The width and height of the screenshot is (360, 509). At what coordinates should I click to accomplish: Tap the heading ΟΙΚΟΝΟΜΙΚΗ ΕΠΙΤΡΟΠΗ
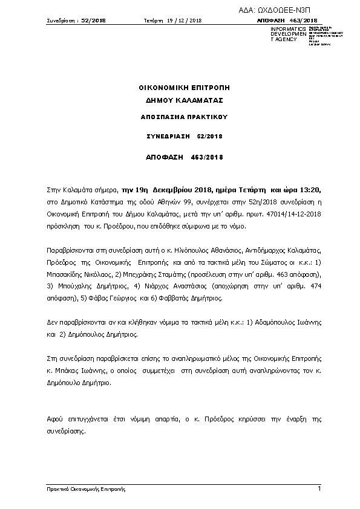[185, 88]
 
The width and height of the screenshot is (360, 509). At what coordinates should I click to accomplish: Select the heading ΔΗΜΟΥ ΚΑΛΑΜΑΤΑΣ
[185, 100]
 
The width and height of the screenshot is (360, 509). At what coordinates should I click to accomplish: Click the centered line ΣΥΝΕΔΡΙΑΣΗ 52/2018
[185, 137]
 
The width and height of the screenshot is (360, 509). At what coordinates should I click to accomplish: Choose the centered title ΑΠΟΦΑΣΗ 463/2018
[185, 158]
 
